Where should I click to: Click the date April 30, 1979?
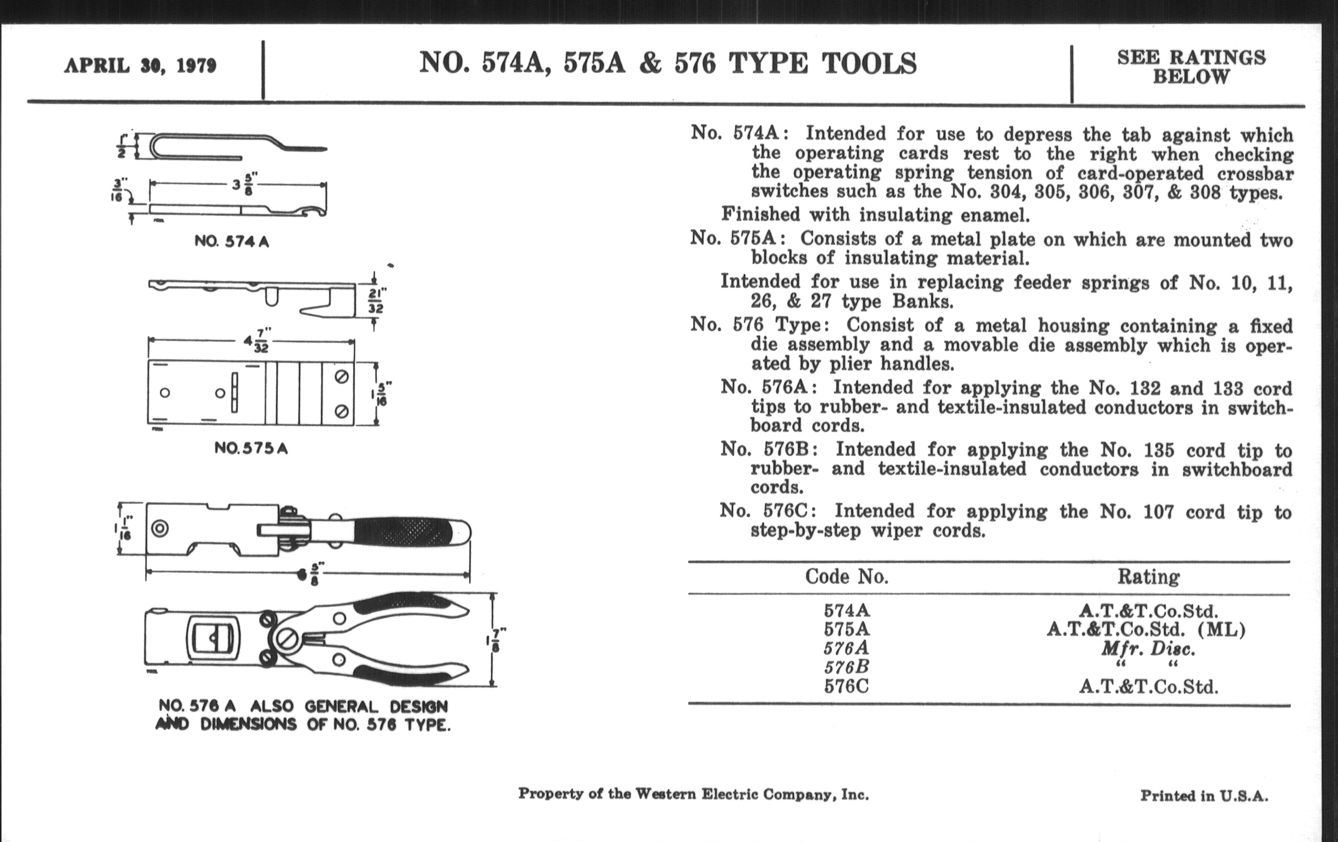click(140, 65)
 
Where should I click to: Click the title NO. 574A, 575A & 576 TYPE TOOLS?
click(667, 63)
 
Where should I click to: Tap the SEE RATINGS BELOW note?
click(1191, 67)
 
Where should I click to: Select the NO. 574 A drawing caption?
click(232, 241)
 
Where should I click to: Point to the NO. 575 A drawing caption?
click(251, 448)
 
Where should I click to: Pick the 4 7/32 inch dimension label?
click(256, 340)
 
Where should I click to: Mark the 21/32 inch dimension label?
click(376, 300)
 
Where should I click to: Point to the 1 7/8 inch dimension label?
click(496, 639)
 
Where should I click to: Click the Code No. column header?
click(846, 576)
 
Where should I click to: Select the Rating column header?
click(1149, 576)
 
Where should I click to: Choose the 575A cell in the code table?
click(846, 629)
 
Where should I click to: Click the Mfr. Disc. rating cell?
click(1148, 649)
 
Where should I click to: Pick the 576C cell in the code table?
click(846, 686)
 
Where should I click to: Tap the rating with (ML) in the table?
click(1147, 629)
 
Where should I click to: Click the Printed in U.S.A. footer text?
click(1204, 796)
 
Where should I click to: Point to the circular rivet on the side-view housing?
click(160, 528)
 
